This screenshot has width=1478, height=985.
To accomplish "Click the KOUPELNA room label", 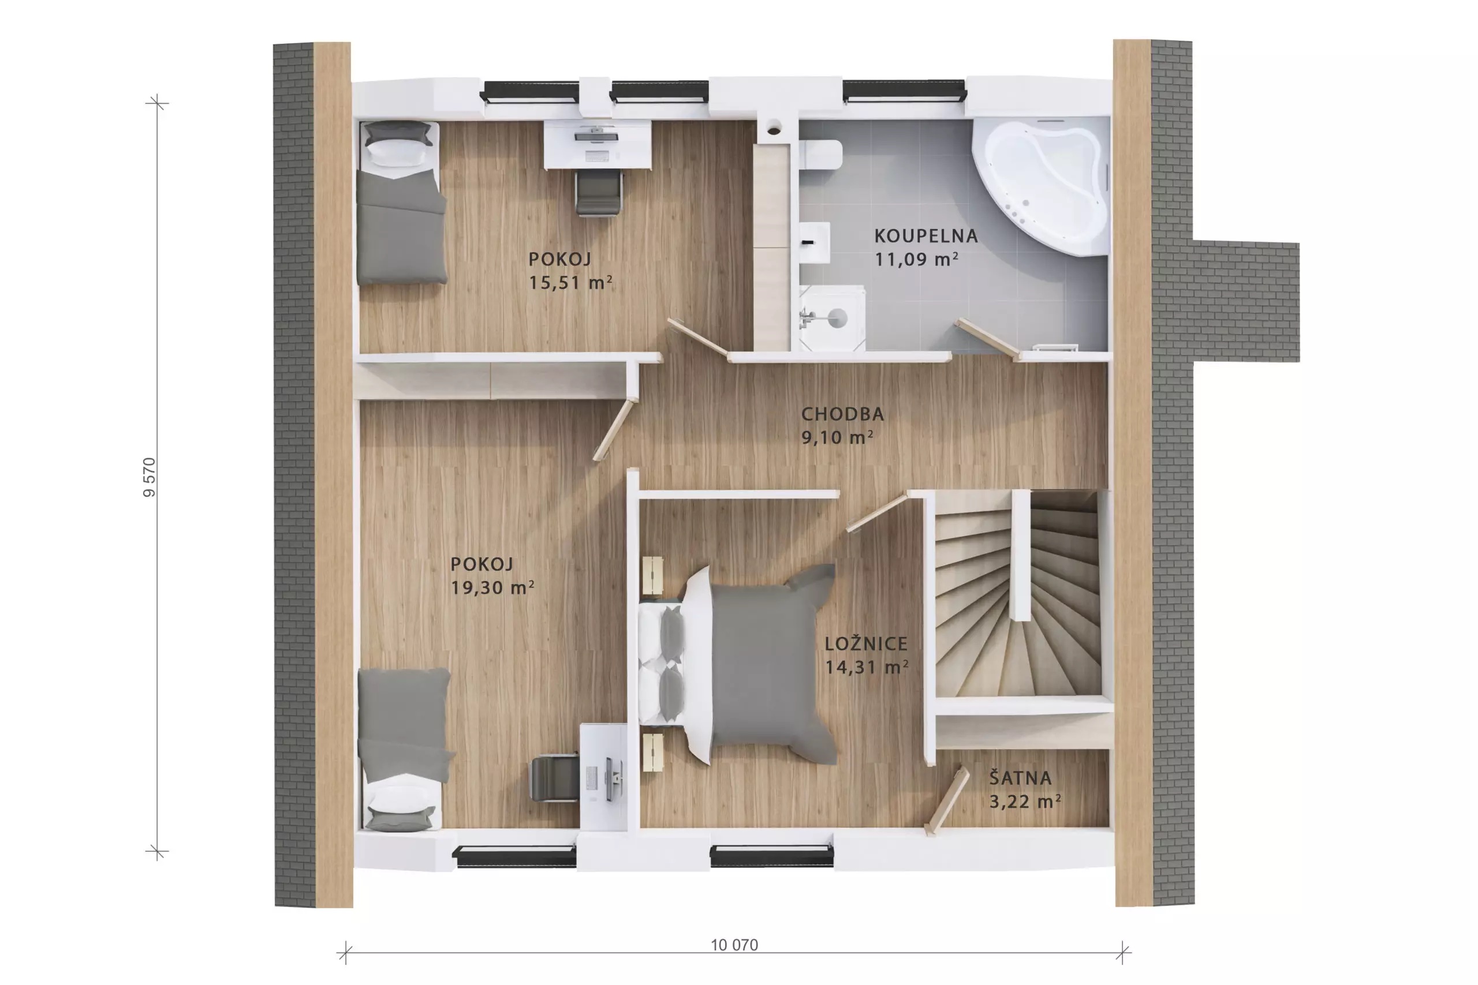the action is (925, 236).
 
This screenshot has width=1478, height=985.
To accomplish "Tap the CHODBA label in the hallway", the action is (842, 414).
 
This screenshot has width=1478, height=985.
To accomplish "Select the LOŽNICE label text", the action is (866, 643).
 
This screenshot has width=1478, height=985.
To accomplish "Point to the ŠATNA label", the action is (1020, 778).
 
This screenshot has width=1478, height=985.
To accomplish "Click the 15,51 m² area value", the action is (570, 283).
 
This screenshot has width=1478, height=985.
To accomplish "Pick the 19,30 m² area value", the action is (492, 587).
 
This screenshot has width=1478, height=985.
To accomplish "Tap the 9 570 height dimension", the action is (149, 477).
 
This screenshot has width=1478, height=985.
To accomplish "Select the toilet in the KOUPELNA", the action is (820, 155).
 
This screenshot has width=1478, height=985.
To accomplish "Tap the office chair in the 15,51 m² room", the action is (598, 193).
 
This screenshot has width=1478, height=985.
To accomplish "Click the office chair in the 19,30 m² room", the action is (554, 778).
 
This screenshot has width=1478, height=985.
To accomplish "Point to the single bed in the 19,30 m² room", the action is (405, 750).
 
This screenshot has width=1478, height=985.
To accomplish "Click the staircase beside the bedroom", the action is (1017, 594).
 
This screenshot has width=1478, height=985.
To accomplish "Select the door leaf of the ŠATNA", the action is (947, 802).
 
